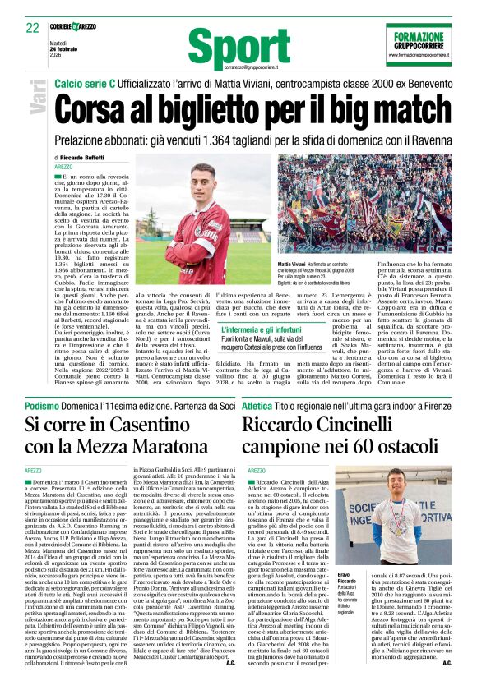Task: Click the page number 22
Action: [x=32, y=27]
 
